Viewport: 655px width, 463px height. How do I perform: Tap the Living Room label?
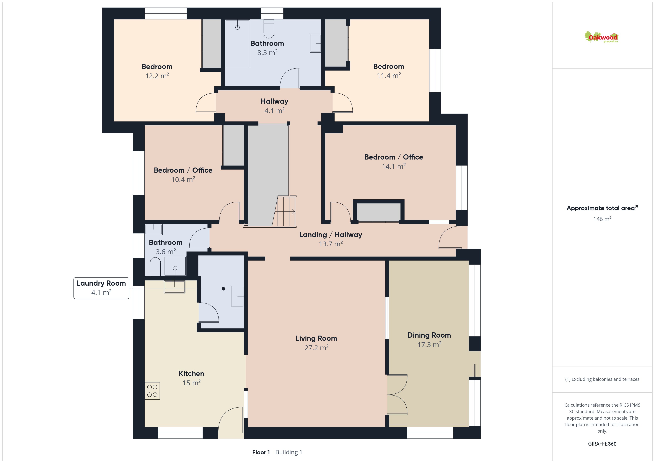pos(316,338)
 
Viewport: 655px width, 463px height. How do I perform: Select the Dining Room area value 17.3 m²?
pos(429,344)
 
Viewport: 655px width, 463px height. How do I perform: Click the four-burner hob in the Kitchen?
pos(152,391)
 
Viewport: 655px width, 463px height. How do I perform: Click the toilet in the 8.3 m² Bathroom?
pos(269,29)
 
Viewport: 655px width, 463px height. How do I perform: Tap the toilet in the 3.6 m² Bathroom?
pos(155,267)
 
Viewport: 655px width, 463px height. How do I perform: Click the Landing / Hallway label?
pos(331,235)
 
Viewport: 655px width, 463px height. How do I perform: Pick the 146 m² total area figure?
pos(602,219)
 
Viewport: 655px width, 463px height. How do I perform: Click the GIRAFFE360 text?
pos(602,444)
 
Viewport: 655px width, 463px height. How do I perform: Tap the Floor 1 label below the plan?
pos(261,452)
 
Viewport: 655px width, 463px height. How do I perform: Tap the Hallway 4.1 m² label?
pos(274,106)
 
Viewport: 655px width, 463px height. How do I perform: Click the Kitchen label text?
pos(191,373)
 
